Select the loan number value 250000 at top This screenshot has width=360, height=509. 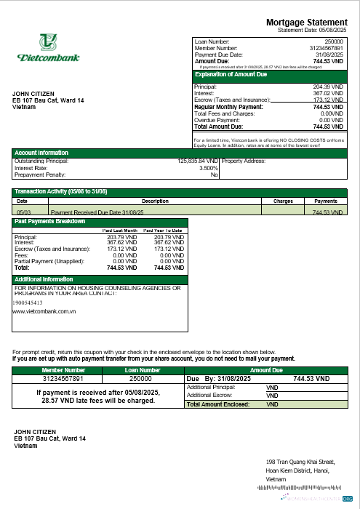333,42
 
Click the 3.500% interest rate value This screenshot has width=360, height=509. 207,168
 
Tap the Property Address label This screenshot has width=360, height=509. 244,161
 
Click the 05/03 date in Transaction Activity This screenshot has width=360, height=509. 23,212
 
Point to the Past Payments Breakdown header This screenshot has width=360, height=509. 50,221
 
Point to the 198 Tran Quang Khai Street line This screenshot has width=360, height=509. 300,461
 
